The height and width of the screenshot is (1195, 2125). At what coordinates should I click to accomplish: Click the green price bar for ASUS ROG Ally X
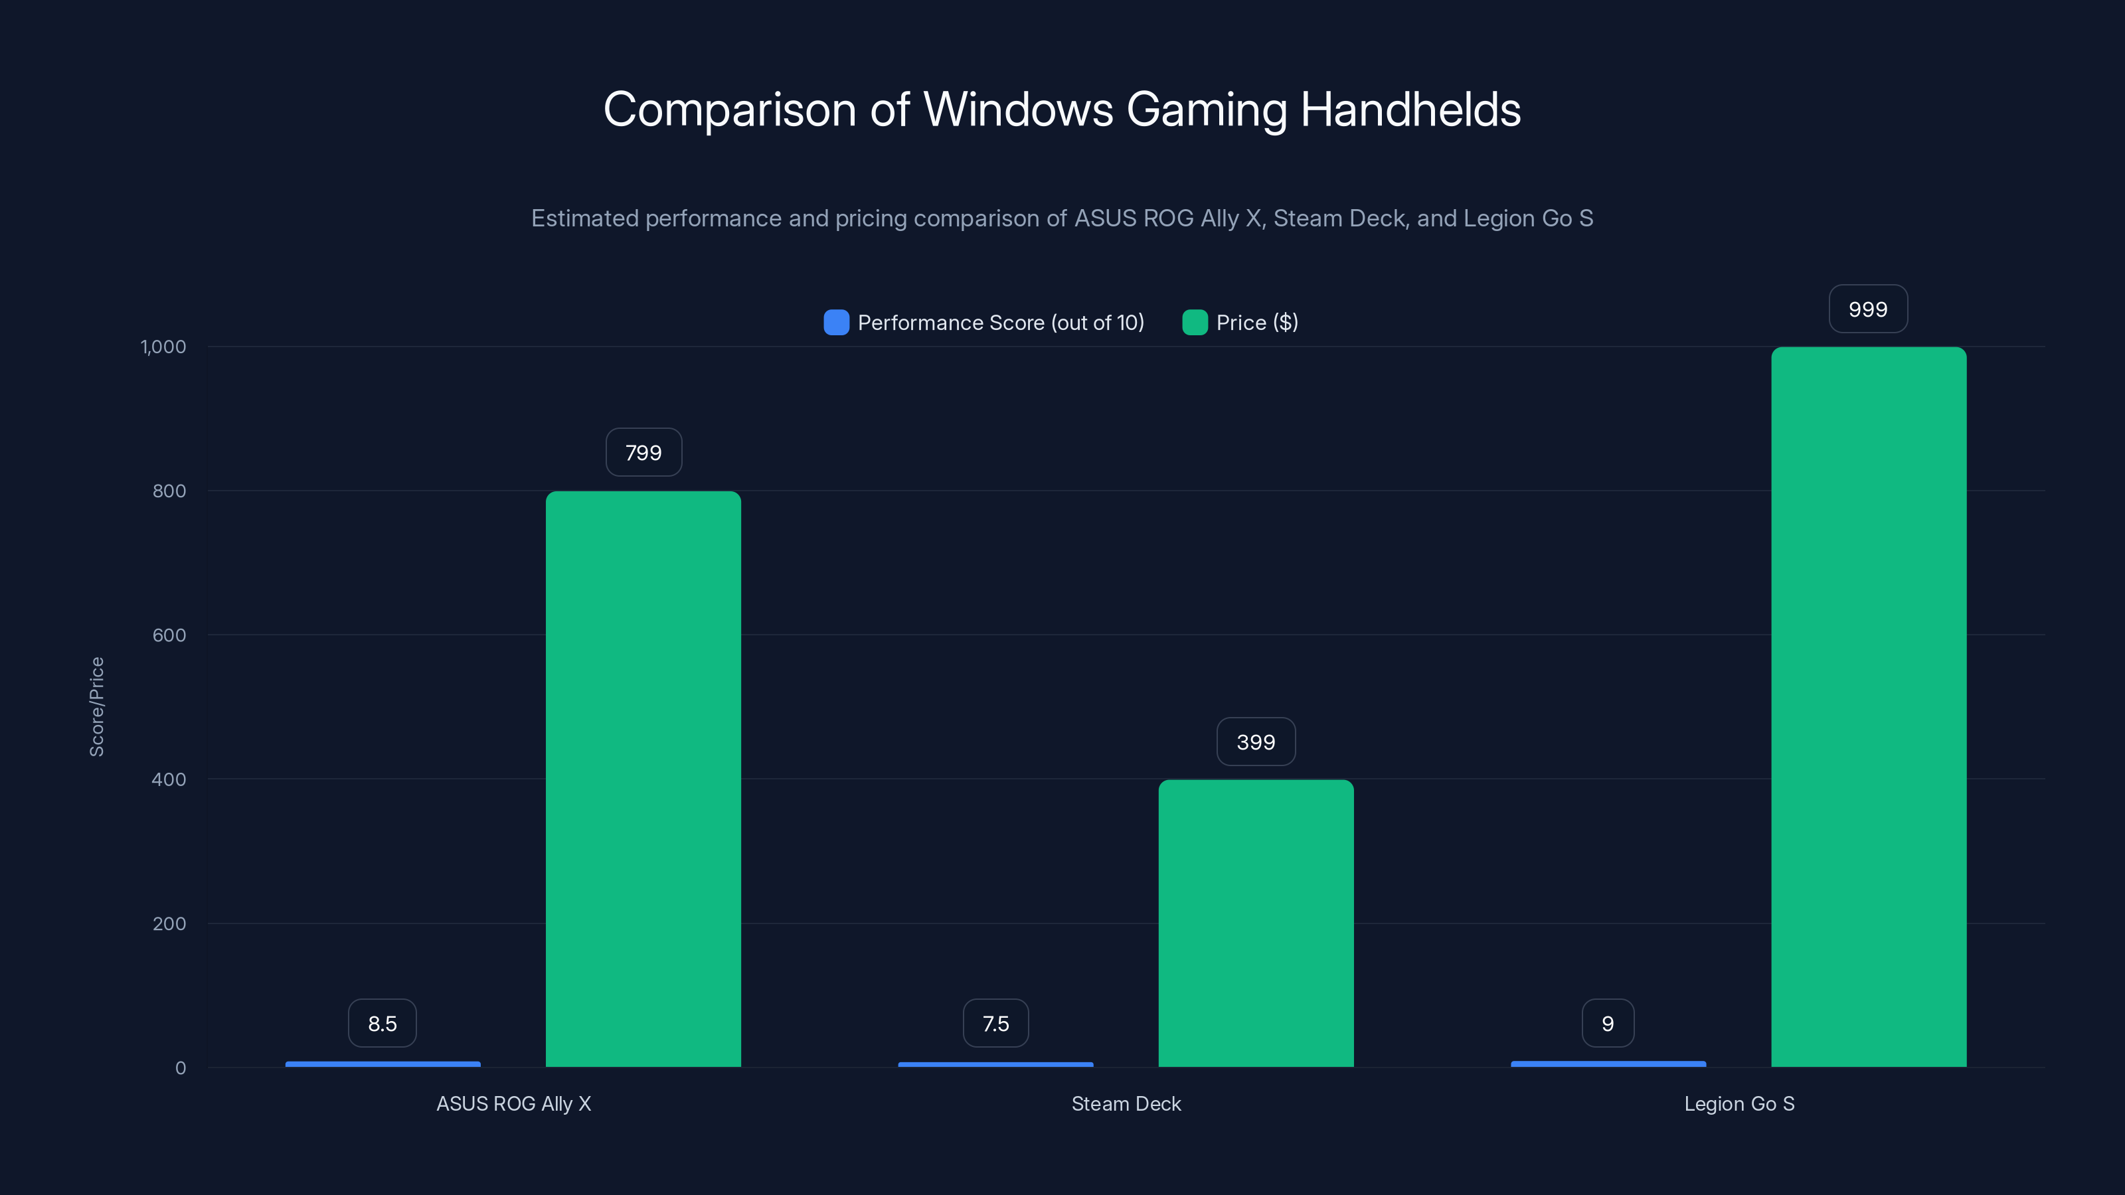click(x=643, y=779)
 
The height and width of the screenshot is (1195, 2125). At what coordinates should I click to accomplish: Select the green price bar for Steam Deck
click(x=1256, y=923)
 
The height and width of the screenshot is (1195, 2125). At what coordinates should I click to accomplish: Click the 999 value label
click(x=1867, y=309)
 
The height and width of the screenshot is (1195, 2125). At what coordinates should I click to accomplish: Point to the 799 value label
click(x=643, y=453)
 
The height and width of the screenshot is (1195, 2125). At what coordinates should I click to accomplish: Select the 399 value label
click(x=1256, y=742)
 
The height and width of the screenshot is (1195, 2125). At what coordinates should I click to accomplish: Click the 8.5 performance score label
click(x=382, y=1024)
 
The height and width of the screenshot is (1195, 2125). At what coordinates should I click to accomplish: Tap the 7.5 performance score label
click(x=995, y=1024)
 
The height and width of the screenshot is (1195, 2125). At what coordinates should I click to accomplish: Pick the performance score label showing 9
click(x=1607, y=1024)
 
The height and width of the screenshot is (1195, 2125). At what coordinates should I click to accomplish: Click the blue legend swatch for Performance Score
click(x=835, y=323)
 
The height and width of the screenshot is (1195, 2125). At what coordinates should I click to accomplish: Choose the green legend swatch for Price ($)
click(x=1195, y=323)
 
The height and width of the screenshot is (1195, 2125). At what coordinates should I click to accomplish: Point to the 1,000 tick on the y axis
click(x=163, y=347)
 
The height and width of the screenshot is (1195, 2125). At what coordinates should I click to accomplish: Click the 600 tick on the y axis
click(x=169, y=635)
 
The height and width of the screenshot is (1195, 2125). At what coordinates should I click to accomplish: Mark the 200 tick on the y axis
click(x=169, y=923)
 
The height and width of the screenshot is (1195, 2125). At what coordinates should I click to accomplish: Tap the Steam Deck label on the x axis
click(x=1126, y=1103)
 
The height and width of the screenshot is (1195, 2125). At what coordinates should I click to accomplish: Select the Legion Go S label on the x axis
click(x=1739, y=1103)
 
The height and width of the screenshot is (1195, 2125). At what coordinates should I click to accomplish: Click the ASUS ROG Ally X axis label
click(x=513, y=1103)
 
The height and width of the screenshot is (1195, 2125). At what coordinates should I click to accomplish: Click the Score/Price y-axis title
click(x=96, y=707)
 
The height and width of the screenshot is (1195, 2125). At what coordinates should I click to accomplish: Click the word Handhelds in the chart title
click(x=1410, y=110)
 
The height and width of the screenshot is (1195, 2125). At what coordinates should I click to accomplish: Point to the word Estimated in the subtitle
click(x=585, y=218)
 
